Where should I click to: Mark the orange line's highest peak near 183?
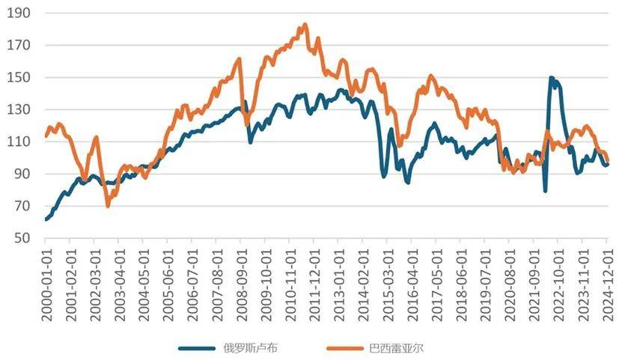pos(305,24)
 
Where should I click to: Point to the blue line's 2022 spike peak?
pos(552,78)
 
